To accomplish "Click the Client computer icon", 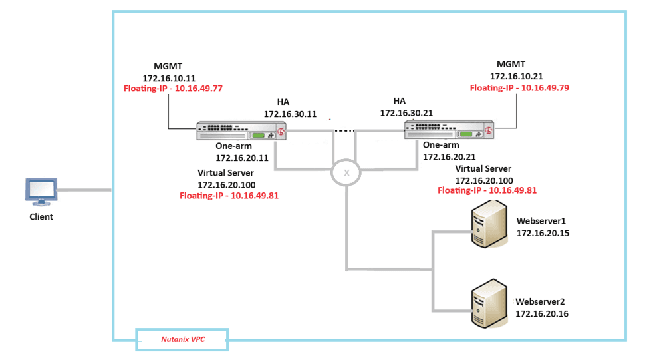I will (x=41, y=192).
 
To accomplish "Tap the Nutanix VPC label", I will (x=183, y=339).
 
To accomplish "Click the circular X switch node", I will (x=346, y=172).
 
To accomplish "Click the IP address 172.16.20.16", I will (x=542, y=314).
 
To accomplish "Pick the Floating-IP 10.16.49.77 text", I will (x=173, y=88).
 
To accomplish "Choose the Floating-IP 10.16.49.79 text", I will (x=519, y=88).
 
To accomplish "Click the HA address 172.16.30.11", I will (x=290, y=114).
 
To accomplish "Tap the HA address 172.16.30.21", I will (x=406, y=113).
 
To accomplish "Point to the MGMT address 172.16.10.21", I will (x=517, y=77).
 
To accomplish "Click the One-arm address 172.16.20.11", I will (x=242, y=158).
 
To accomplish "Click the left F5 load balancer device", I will (x=242, y=130).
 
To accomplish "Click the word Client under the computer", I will (x=41, y=217).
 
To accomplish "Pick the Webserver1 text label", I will (x=541, y=221).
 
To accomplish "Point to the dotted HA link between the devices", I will (x=343, y=130).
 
